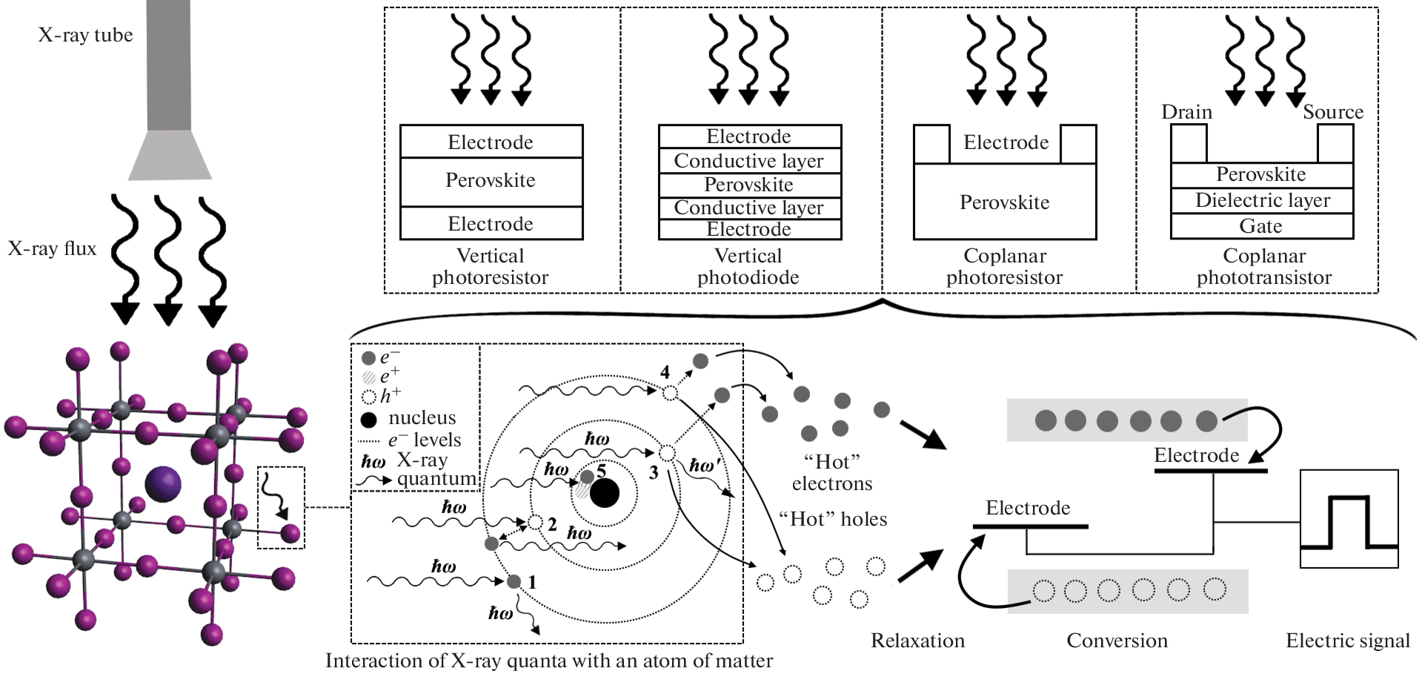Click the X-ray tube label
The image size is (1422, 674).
pos(85,35)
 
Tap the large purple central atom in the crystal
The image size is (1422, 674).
pos(163,484)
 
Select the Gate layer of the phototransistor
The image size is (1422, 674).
pos(1261,226)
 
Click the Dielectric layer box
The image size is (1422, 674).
pos(1262,200)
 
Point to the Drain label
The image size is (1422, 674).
pos(1186,112)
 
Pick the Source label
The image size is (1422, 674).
pos(1333,112)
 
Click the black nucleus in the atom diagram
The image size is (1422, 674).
pos(605,493)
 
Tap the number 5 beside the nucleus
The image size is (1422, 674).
pos(601,470)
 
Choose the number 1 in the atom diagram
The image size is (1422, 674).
pos(532,582)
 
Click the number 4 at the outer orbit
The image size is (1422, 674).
pos(665,372)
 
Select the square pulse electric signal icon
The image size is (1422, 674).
pos(1349,519)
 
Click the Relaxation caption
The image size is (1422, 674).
pos(917,641)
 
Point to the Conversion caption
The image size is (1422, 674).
pos(1117,641)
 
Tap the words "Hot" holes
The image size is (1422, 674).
pos(833,519)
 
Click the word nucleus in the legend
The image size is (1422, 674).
pos(422,418)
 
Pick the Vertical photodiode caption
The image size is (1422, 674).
pos(748,267)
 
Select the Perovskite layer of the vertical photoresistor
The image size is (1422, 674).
pos(491,181)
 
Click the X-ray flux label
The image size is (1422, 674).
pos(52,248)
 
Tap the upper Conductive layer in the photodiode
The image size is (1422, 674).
pos(749,161)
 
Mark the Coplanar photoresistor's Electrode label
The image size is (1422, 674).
pos(1006,142)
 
